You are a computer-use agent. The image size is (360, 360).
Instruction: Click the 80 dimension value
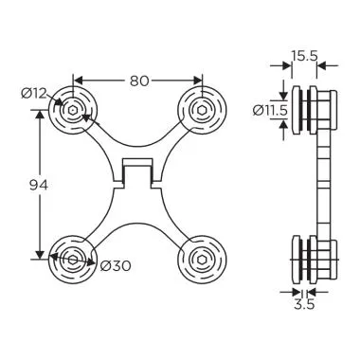139,81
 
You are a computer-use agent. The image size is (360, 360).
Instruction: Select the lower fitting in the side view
313,258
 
